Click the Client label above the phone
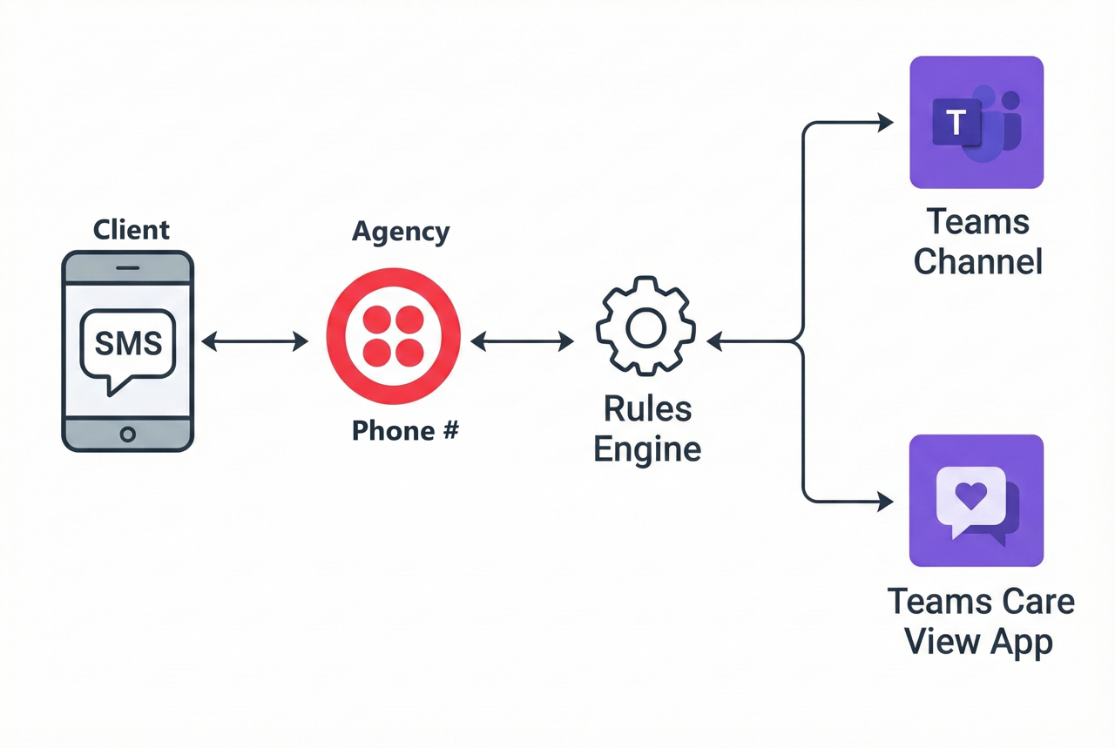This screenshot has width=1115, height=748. coord(132,230)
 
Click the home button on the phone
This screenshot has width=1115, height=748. coord(128,434)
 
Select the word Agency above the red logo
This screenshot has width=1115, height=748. coord(401,232)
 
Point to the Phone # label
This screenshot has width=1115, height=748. coord(404,430)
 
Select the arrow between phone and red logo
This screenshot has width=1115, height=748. coord(255,341)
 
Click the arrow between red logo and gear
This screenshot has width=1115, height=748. coord(522,341)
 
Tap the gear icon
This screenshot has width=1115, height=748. coord(645,327)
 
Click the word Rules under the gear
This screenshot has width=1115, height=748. coord(647,408)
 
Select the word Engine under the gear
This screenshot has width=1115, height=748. coord(647,449)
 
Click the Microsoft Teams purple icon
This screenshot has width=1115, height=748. coord(976,123)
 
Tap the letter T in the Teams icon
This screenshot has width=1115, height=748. coord(956,123)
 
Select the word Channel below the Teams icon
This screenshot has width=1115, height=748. coord(977,261)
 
